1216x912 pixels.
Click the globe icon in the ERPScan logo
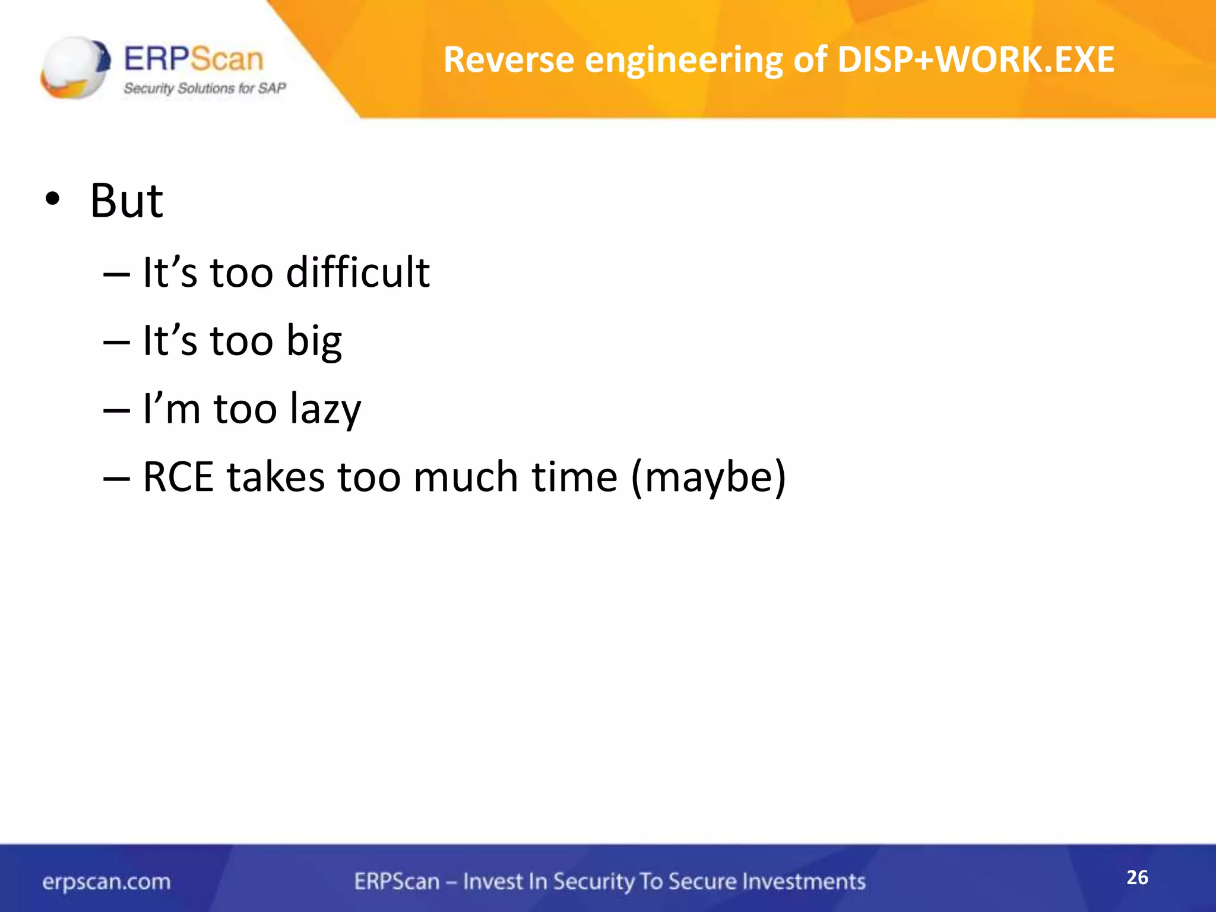click(x=75, y=66)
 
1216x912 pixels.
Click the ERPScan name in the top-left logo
click(x=194, y=59)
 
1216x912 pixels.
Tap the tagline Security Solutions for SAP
click(x=205, y=88)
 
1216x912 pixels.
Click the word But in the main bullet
click(x=126, y=201)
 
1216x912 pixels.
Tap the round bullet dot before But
click(x=52, y=201)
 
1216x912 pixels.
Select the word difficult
click(x=358, y=273)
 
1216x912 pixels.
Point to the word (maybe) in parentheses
click(x=708, y=478)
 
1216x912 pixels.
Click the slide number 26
click(x=1137, y=878)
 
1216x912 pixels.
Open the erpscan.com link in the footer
click(x=106, y=882)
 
